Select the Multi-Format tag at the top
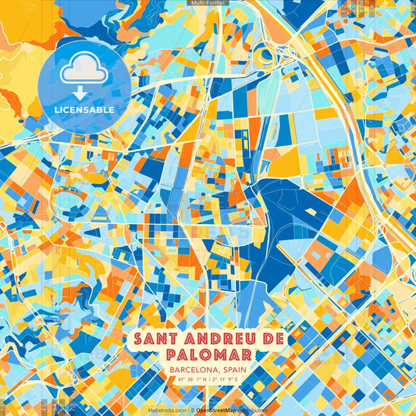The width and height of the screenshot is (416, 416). click(208, 3)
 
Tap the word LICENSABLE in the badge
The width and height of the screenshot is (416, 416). click(84, 110)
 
